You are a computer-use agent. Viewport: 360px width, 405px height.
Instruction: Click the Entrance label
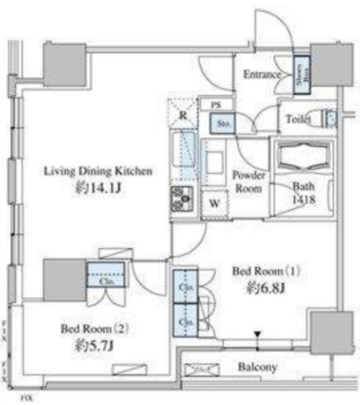click(x=263, y=75)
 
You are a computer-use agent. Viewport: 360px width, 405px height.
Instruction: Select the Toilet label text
click(x=298, y=118)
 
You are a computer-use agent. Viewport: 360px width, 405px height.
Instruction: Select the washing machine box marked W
click(x=213, y=203)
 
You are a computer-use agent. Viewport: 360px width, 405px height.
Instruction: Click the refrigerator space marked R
click(x=182, y=115)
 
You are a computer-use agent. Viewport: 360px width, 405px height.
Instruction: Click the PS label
click(x=215, y=106)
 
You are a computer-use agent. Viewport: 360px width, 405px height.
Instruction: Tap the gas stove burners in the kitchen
click(x=181, y=201)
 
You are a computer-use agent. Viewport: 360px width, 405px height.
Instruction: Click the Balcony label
click(x=258, y=366)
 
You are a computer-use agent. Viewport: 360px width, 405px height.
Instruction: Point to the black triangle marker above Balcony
click(x=258, y=333)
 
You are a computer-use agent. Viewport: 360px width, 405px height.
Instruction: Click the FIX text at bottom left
click(x=25, y=399)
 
